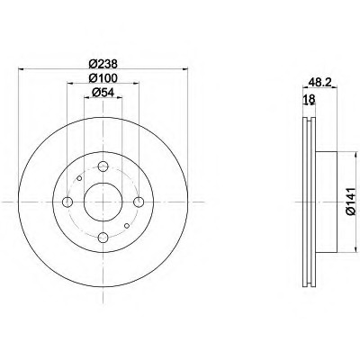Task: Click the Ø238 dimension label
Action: pyautogui.click(x=103, y=64)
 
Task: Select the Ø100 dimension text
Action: pyautogui.click(x=103, y=78)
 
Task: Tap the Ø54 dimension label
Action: pyautogui.click(x=103, y=93)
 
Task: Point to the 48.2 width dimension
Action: pyautogui.click(x=319, y=83)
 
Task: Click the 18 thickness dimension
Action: pyautogui.click(x=310, y=98)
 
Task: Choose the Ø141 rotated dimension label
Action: pyautogui.click(x=350, y=202)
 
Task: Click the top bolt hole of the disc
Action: pyautogui.click(x=103, y=166)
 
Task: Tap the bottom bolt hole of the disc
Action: pyautogui.click(x=103, y=238)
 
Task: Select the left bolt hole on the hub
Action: pyautogui.click(x=67, y=202)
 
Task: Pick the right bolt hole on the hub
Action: pyautogui.click(x=139, y=202)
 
